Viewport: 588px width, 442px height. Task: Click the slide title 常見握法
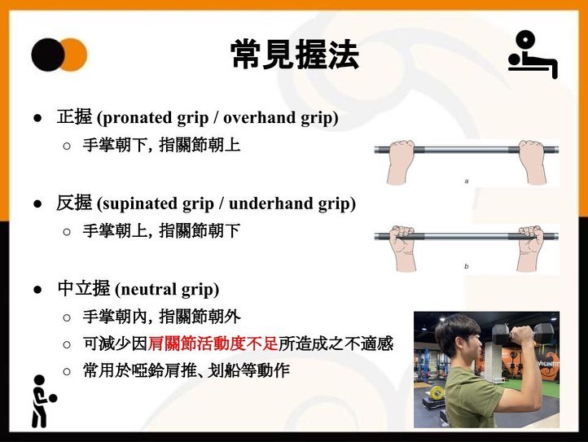point(295,55)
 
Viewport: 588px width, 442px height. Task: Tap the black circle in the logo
point(48,55)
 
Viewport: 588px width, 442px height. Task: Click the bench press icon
point(533,55)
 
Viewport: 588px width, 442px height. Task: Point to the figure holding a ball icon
point(43,401)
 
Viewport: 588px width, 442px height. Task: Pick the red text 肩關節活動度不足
point(213,344)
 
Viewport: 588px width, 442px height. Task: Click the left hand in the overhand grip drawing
point(400,161)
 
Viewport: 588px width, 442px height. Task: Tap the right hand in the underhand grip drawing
point(530,247)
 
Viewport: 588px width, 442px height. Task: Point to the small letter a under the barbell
point(467,182)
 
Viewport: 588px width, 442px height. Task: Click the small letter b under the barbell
point(467,266)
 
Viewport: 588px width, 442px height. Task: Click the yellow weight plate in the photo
point(437,394)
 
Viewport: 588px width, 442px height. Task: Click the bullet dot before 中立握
point(37,290)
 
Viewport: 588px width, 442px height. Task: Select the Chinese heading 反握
point(74,203)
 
